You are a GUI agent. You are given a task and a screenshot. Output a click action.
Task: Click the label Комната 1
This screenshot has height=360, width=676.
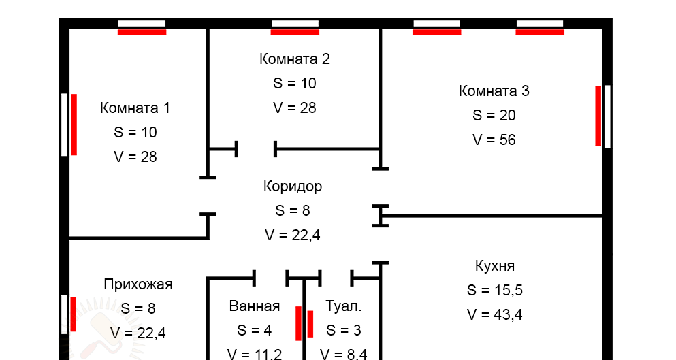(x=135, y=108)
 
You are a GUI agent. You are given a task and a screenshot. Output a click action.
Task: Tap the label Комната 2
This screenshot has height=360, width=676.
(x=295, y=59)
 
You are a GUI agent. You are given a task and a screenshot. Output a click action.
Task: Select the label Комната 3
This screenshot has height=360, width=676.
(x=494, y=91)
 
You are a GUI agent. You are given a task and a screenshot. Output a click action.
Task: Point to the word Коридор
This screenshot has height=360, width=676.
(x=293, y=186)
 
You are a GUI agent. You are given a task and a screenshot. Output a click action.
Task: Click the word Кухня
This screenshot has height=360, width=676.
(x=495, y=265)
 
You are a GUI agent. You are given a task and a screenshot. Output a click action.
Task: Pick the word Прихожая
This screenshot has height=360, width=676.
(x=138, y=284)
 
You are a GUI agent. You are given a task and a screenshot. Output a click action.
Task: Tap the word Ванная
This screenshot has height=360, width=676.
(x=255, y=306)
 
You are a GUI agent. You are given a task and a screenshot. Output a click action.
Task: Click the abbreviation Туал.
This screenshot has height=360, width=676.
(x=344, y=306)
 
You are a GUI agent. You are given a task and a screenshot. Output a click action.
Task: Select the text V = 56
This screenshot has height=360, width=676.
(x=494, y=140)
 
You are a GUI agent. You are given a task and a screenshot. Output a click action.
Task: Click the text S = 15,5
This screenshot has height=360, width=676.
(x=495, y=290)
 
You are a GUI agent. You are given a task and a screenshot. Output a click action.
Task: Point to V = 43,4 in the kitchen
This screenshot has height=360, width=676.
(x=495, y=314)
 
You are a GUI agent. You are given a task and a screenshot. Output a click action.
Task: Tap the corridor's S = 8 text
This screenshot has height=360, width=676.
(x=293, y=210)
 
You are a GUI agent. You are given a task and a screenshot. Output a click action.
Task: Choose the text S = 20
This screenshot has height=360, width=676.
(x=494, y=115)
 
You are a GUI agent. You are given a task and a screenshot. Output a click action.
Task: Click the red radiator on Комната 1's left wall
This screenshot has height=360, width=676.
(x=74, y=124)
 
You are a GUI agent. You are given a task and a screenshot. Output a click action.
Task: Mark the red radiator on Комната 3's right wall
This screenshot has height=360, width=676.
(x=598, y=116)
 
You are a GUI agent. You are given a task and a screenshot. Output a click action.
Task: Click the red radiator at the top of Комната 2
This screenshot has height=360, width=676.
(x=295, y=31)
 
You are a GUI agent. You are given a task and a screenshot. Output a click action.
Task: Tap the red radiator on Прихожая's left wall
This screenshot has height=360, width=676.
(x=73, y=314)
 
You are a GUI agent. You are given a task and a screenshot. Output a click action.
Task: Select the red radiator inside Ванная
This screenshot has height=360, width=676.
(x=298, y=323)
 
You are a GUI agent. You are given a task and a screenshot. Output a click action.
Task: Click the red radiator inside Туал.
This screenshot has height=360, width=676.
(x=310, y=323)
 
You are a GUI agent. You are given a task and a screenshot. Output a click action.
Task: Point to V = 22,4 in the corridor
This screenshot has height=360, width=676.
(x=293, y=235)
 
